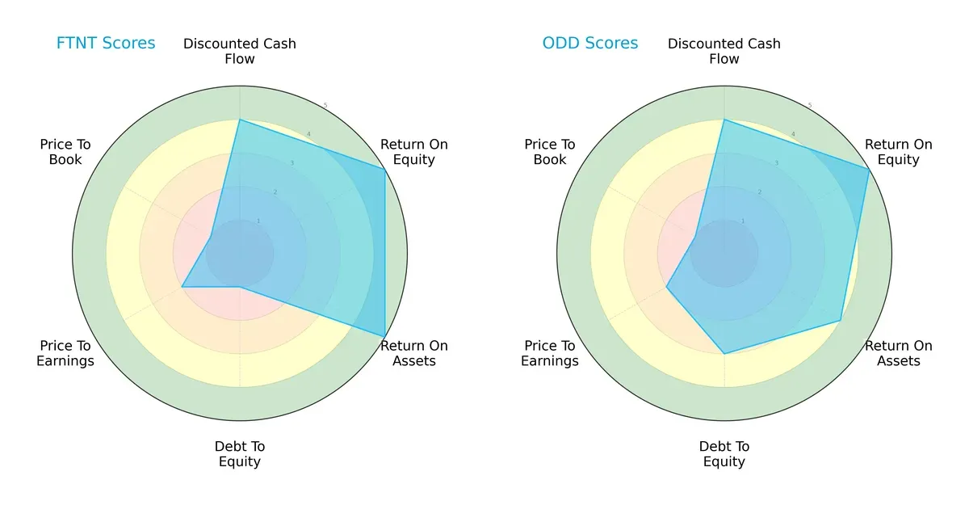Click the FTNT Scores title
coord(106,44)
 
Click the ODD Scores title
coord(590,44)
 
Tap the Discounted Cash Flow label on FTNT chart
coord(240,51)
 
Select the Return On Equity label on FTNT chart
coord(414,152)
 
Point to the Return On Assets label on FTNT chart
coord(414,353)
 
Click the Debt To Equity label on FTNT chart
coord(240,454)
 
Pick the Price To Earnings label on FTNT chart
coord(65,353)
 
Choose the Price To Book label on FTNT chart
coord(65,152)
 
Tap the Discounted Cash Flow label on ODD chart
coord(724,51)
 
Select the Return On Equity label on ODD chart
coord(899,152)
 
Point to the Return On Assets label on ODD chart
coord(899,353)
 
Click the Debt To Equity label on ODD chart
coord(724,454)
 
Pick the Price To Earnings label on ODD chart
coord(550,353)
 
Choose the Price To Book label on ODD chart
coord(550,152)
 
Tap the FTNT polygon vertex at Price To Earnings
coord(182,287)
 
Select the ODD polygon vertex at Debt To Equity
coord(724,354)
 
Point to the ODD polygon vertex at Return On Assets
coord(841,321)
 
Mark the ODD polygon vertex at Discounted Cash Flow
coord(724,120)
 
